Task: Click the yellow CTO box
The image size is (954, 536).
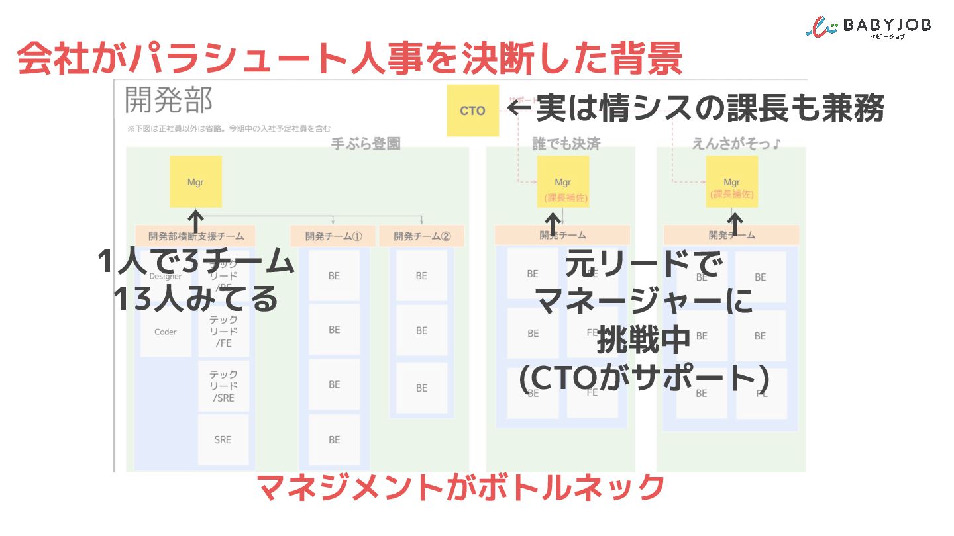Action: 472,111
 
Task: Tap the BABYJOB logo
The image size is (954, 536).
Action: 868,26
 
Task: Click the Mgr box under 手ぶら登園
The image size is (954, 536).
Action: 195,181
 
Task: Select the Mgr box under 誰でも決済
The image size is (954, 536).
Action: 563,181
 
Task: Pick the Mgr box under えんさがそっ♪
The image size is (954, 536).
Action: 731,181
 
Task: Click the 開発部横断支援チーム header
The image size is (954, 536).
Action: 196,236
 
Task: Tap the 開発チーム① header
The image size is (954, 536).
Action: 333,236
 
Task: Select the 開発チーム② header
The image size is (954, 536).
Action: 422,236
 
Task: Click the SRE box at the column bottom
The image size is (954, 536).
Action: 223,439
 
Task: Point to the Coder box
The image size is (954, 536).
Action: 166,332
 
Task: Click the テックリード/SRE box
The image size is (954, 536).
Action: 223,386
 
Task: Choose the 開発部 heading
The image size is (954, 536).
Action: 168,100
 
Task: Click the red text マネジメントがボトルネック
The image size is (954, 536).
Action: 460,488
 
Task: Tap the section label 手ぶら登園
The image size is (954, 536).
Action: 366,144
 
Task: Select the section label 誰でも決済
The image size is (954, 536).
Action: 566,144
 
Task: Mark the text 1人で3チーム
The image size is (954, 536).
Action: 195,263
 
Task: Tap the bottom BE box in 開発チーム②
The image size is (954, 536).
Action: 422,388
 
